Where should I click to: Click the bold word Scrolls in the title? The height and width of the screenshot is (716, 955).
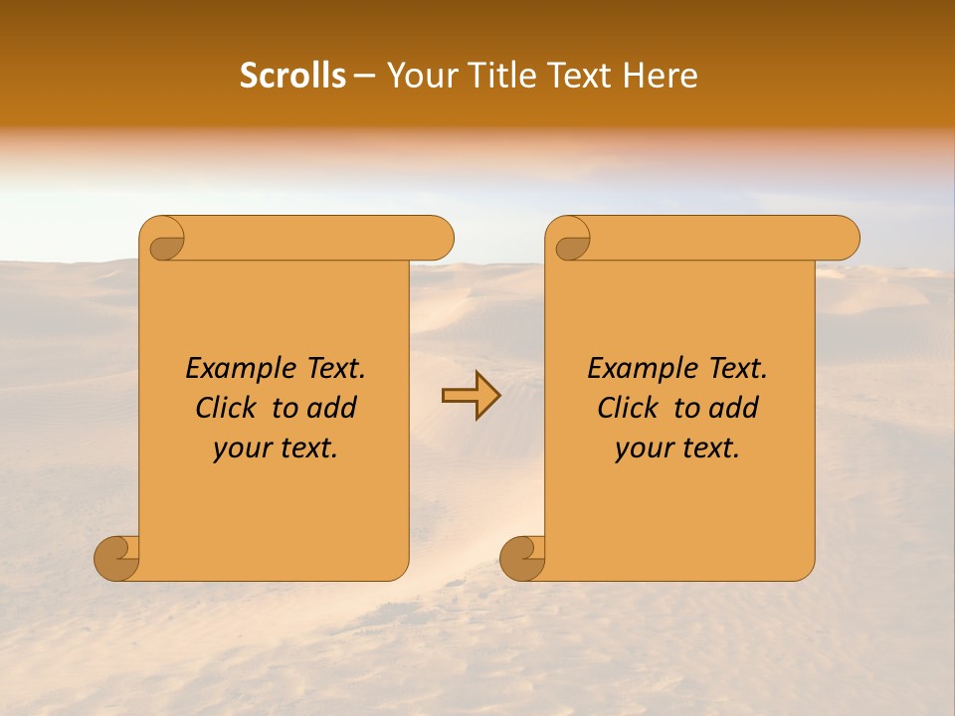(292, 76)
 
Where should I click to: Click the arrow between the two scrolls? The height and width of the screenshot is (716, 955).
(471, 395)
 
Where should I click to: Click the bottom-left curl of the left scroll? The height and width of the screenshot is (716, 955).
(117, 558)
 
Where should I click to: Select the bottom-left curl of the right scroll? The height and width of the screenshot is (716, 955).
(523, 558)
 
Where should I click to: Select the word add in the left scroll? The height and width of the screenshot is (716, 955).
(332, 409)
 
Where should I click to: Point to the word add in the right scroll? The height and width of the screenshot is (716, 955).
(734, 409)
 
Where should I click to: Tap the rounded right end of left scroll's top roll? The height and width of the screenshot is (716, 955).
(438, 239)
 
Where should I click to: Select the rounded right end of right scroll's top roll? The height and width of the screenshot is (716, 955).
(844, 239)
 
